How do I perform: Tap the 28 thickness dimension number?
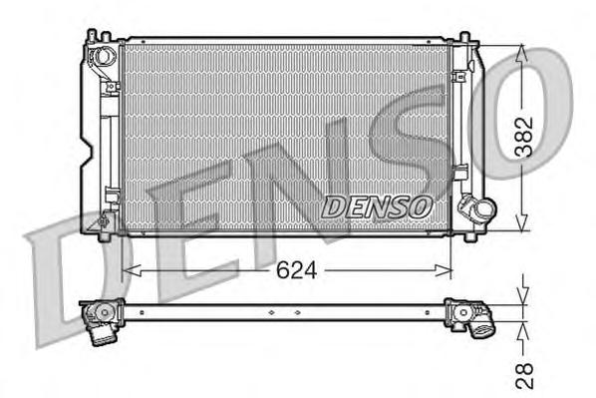(x=526, y=373)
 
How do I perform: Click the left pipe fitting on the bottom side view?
(x=102, y=319)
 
